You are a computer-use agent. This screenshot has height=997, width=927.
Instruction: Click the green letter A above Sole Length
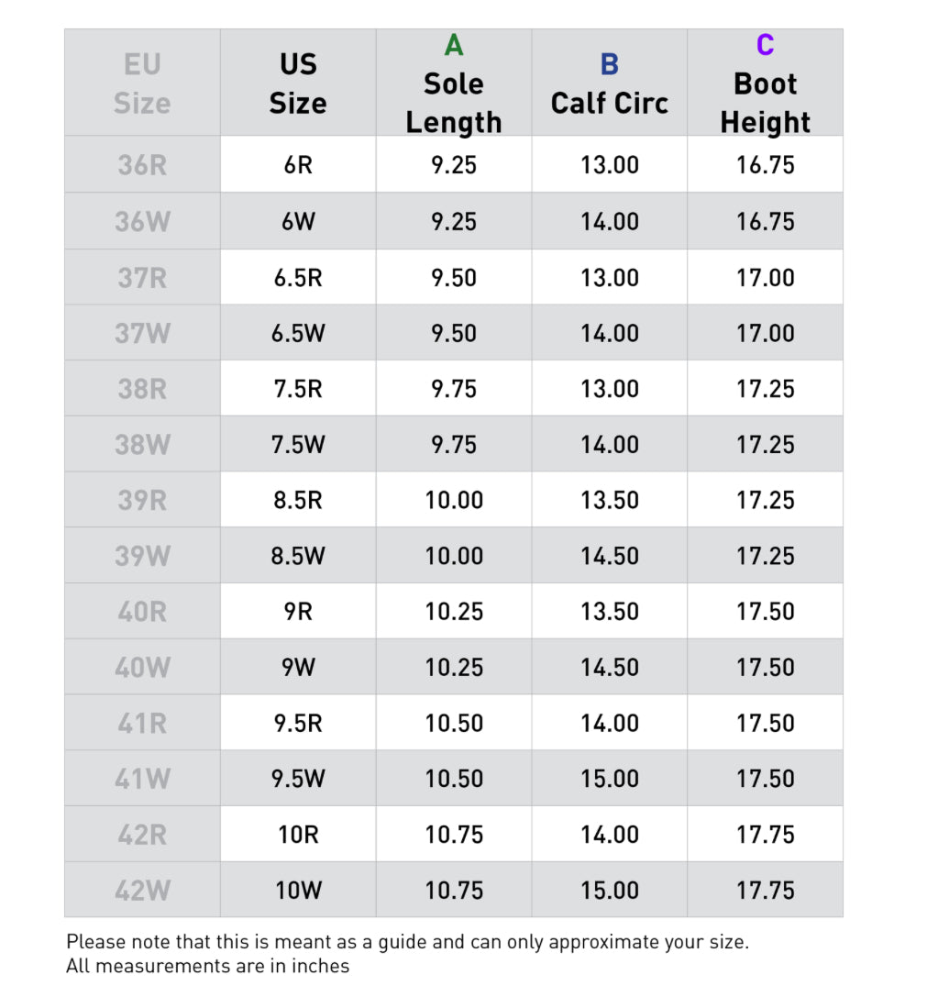(454, 45)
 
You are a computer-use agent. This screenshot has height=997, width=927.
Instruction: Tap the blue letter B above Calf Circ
(610, 64)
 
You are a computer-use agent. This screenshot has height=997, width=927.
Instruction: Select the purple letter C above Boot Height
(765, 45)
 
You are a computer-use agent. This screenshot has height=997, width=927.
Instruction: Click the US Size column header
(298, 83)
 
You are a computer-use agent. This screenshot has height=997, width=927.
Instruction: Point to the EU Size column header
(142, 83)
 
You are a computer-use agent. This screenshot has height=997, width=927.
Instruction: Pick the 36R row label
(142, 165)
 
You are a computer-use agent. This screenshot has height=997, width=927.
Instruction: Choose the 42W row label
(142, 890)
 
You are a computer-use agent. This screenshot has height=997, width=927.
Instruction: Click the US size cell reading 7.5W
(298, 445)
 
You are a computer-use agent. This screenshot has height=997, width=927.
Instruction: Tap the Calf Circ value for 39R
(610, 500)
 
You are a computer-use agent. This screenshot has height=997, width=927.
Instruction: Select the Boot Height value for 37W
(766, 333)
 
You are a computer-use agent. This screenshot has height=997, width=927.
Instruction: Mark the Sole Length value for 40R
(454, 612)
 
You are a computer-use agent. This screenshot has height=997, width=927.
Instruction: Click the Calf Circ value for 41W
(610, 779)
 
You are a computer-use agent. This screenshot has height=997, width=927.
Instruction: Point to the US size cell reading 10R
(298, 835)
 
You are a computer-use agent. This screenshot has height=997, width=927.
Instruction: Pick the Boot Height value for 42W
(766, 890)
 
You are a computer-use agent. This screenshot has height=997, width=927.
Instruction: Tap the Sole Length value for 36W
(454, 221)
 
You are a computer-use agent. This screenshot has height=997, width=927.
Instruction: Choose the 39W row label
(142, 556)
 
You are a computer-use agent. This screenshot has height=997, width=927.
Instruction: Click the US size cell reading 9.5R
(298, 723)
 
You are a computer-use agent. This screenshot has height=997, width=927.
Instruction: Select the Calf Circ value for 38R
(610, 389)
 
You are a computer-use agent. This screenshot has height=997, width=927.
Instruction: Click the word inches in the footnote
(323, 966)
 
